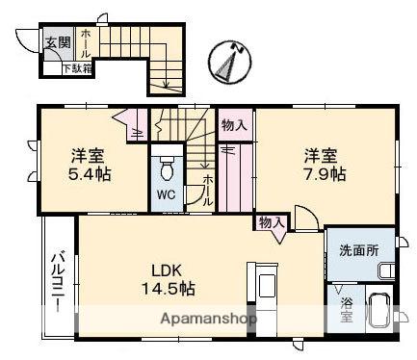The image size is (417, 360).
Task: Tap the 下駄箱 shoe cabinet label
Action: (78, 68)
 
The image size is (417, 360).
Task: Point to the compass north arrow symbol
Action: (228, 61)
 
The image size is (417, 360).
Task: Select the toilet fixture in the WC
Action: (167, 169)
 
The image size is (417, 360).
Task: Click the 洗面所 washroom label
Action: (360, 250)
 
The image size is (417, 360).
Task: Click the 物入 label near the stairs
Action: (233, 124)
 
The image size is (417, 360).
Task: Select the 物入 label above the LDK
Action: (270, 222)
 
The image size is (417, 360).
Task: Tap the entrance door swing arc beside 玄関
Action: (24, 41)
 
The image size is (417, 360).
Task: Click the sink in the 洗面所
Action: (384, 270)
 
